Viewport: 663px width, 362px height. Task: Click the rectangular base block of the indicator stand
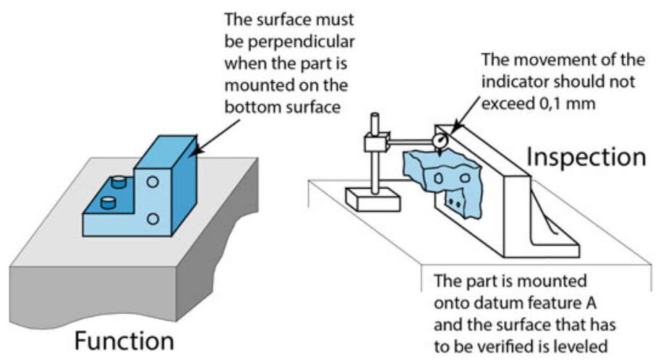(x=373, y=199)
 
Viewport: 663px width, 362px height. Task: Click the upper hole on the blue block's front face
(x=153, y=184)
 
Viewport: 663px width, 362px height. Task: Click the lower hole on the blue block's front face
(x=153, y=217)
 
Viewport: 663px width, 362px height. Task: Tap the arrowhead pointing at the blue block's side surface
(x=197, y=152)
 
